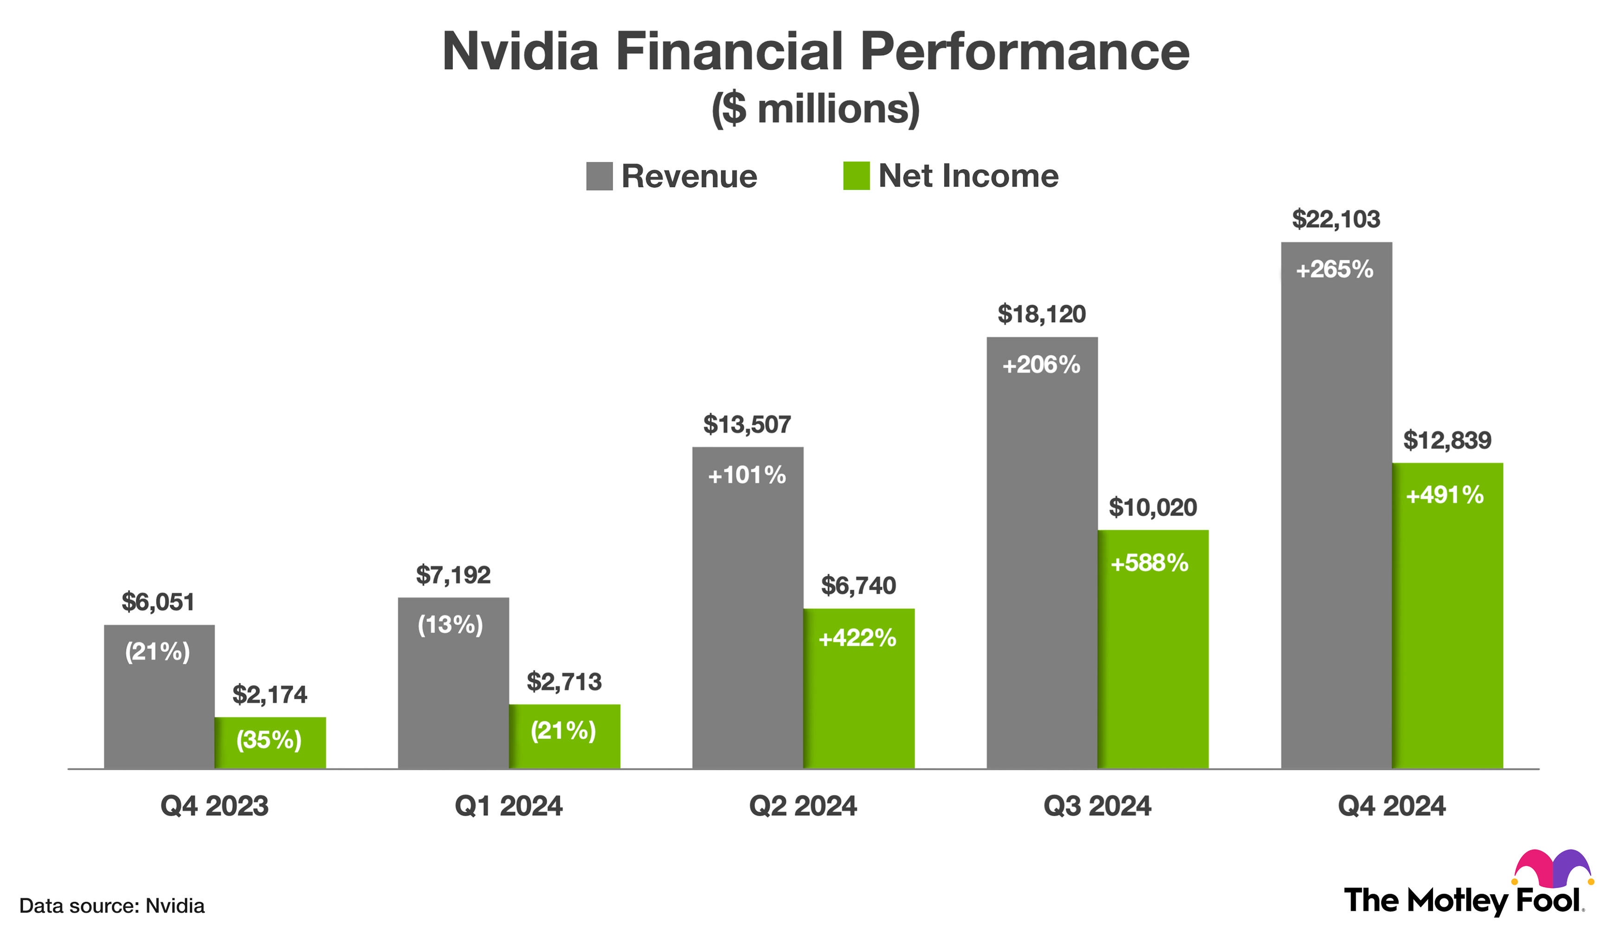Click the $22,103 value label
pos(1336,219)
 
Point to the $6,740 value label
pos(858,585)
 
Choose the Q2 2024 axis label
pos(802,806)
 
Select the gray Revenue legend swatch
pos(599,176)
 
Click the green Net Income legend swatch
pos(856,176)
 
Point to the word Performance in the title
pos(1024,52)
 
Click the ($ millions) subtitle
pos(815,109)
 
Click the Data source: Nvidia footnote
pos(112,906)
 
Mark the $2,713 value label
pos(564,682)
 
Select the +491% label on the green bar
pos(1444,495)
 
